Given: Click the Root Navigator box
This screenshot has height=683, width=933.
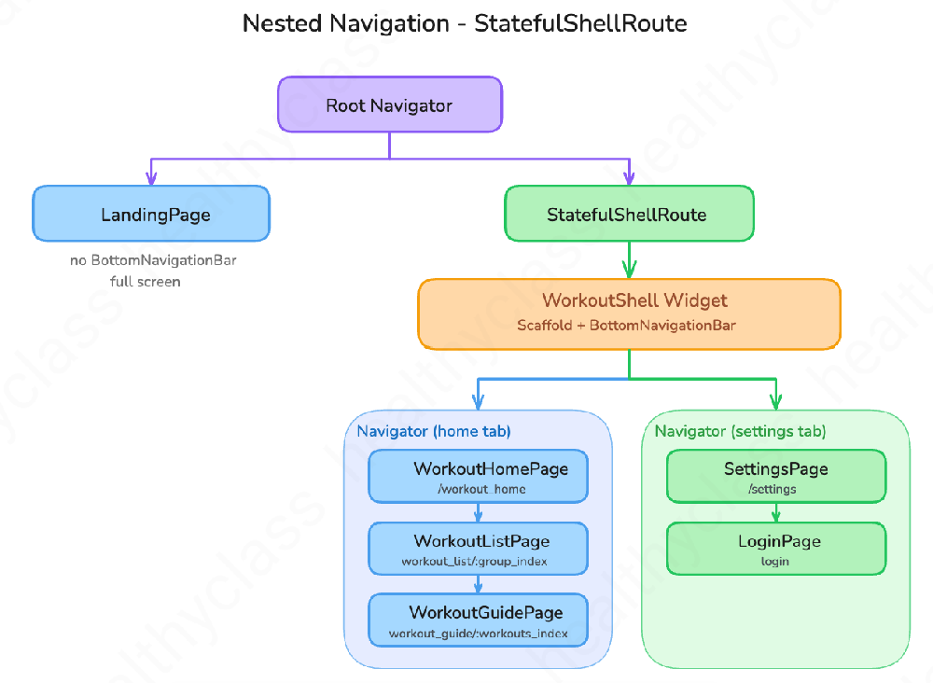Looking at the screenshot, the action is click(390, 105).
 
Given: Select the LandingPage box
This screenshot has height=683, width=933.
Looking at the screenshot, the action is click(151, 214).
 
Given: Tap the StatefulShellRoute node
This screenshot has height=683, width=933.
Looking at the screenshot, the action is click(629, 214).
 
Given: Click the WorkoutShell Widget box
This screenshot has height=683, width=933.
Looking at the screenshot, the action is click(629, 314).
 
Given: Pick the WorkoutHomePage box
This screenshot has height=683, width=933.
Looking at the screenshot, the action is click(479, 477).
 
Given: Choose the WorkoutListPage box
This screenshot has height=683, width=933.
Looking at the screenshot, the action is click(479, 549).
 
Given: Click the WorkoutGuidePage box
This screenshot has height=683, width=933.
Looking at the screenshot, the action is click(479, 620).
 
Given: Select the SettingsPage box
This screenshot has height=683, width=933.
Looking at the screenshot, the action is click(776, 477).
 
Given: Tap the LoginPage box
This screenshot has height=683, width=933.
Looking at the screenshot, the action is click(776, 549).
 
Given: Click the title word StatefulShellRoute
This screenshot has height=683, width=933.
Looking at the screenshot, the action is click(580, 24).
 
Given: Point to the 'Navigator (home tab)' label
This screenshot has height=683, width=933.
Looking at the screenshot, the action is click(434, 431).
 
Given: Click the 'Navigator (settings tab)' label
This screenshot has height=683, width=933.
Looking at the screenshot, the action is click(740, 431).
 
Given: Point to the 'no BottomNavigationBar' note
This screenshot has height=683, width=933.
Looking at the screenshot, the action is click(153, 260).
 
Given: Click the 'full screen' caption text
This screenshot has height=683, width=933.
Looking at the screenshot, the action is click(146, 282).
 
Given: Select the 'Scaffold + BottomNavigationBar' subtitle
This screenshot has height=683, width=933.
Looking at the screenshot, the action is click(626, 326).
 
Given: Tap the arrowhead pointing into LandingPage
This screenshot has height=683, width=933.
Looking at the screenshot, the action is click(151, 178).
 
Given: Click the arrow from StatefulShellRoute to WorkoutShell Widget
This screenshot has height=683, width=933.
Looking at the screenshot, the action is click(629, 260).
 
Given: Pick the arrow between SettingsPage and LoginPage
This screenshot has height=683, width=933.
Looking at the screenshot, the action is click(776, 513).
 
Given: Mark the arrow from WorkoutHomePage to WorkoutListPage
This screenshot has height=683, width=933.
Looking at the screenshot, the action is click(479, 513).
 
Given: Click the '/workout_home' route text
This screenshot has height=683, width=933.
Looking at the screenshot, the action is click(481, 489).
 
